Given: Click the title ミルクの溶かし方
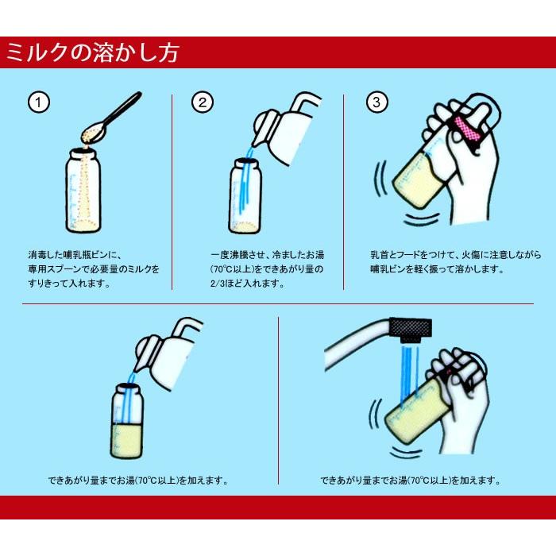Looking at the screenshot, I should [x=92, y=52].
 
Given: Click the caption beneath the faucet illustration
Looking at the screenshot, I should [x=410, y=480].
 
